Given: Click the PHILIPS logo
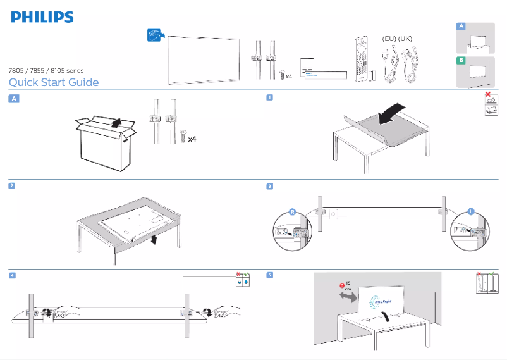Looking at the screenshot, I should (x=42, y=17).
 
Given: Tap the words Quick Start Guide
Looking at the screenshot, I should (x=54, y=82).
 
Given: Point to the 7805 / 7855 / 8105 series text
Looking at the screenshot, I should (x=46, y=70).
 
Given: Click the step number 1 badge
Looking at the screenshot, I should (x=269, y=97).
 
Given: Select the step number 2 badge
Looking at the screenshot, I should (x=12, y=186).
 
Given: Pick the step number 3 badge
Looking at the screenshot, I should (x=269, y=186).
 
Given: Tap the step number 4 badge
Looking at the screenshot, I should (x=12, y=275).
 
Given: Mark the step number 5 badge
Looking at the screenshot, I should (x=269, y=275).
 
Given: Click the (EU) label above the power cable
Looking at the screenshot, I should (x=389, y=39).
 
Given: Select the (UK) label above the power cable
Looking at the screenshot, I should (x=405, y=39).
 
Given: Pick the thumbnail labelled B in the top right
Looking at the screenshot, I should (x=476, y=71).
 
